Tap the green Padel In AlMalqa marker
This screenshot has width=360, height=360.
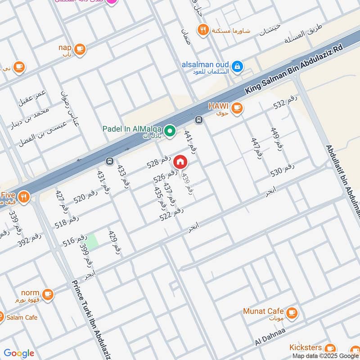click(x=170, y=131)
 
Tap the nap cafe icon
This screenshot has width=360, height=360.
click(x=80, y=48)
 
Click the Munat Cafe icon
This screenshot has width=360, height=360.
click(x=292, y=311)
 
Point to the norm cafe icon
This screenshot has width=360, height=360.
click(x=48, y=295)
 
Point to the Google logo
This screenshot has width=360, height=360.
click(x=18, y=353)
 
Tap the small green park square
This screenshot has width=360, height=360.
click(x=92, y=242)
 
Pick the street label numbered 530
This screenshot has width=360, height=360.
click(x=283, y=170)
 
